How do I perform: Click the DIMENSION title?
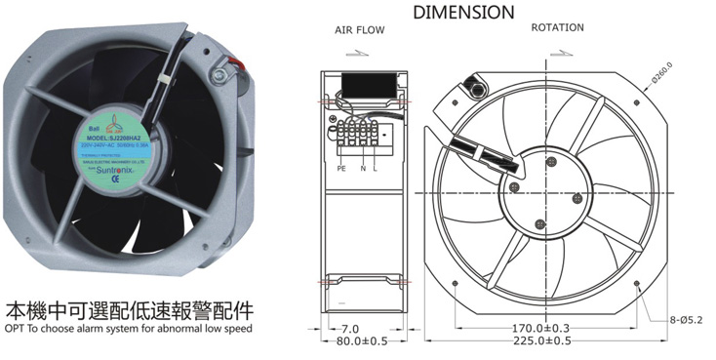pyautogui.click(x=463, y=13)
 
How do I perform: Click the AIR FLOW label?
pyautogui.click(x=360, y=30)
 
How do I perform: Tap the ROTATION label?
pyautogui.click(x=558, y=28)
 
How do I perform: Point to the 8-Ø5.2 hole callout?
pyautogui.click(x=685, y=318)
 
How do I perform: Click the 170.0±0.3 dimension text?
pyautogui.click(x=539, y=327)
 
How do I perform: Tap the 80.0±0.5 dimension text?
pyautogui.click(x=362, y=341)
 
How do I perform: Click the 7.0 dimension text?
pyautogui.click(x=349, y=328)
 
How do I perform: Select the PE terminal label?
pyautogui.click(x=341, y=168)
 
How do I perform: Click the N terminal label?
pyautogui.click(x=363, y=168)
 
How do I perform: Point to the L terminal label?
pyautogui.click(x=377, y=168)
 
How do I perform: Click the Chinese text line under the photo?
pyautogui.click(x=130, y=310)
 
